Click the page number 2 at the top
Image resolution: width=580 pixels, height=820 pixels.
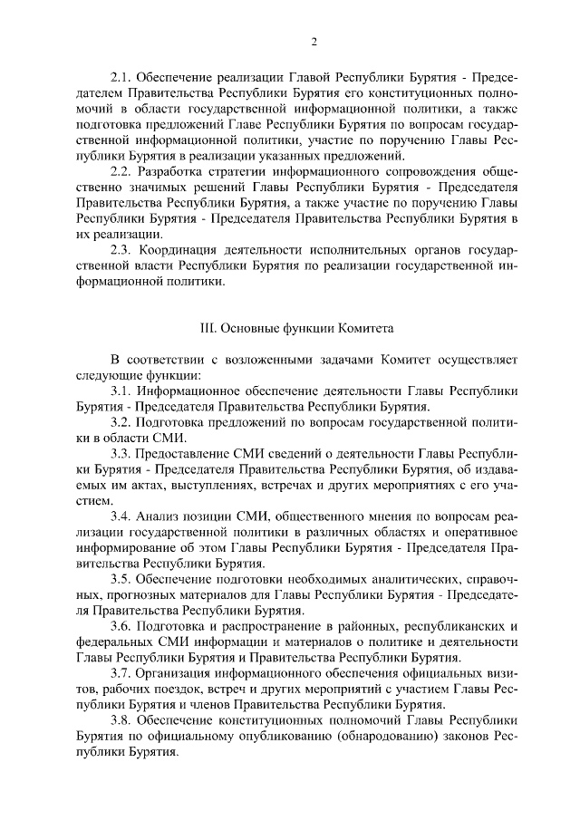click(x=314, y=42)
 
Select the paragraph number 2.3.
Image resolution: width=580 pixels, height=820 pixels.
click(x=120, y=250)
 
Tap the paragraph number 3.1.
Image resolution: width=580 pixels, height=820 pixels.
click(x=120, y=391)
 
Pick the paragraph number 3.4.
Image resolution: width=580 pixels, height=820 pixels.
click(x=120, y=516)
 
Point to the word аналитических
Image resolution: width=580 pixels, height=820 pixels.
click(x=422, y=578)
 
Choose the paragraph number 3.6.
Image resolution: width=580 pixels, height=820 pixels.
click(x=120, y=625)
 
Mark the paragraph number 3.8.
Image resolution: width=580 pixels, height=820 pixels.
click(x=120, y=719)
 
